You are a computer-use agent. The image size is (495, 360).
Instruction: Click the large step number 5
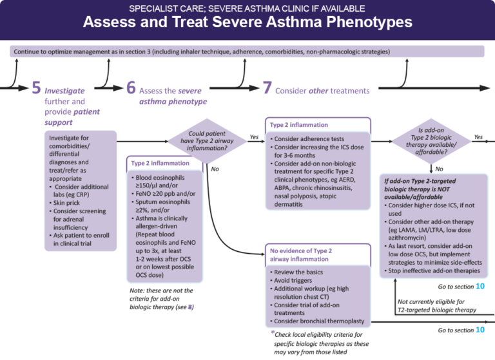pyautogui.click(x=37, y=88)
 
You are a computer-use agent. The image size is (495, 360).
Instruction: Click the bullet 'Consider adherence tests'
pyautogui.click(x=312, y=138)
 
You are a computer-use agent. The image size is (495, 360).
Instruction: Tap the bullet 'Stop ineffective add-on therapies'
pyautogui.click(x=436, y=271)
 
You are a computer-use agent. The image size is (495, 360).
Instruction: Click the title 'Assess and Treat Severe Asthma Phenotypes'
pyautogui.click(x=247, y=23)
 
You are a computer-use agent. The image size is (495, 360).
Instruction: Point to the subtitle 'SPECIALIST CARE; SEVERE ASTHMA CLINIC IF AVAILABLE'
pyautogui.click(x=247, y=8)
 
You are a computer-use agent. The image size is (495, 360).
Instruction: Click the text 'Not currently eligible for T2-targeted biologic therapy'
pyautogui.click(x=436, y=305)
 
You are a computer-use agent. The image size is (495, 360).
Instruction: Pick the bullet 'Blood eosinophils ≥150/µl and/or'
pyautogui.click(x=160, y=181)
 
